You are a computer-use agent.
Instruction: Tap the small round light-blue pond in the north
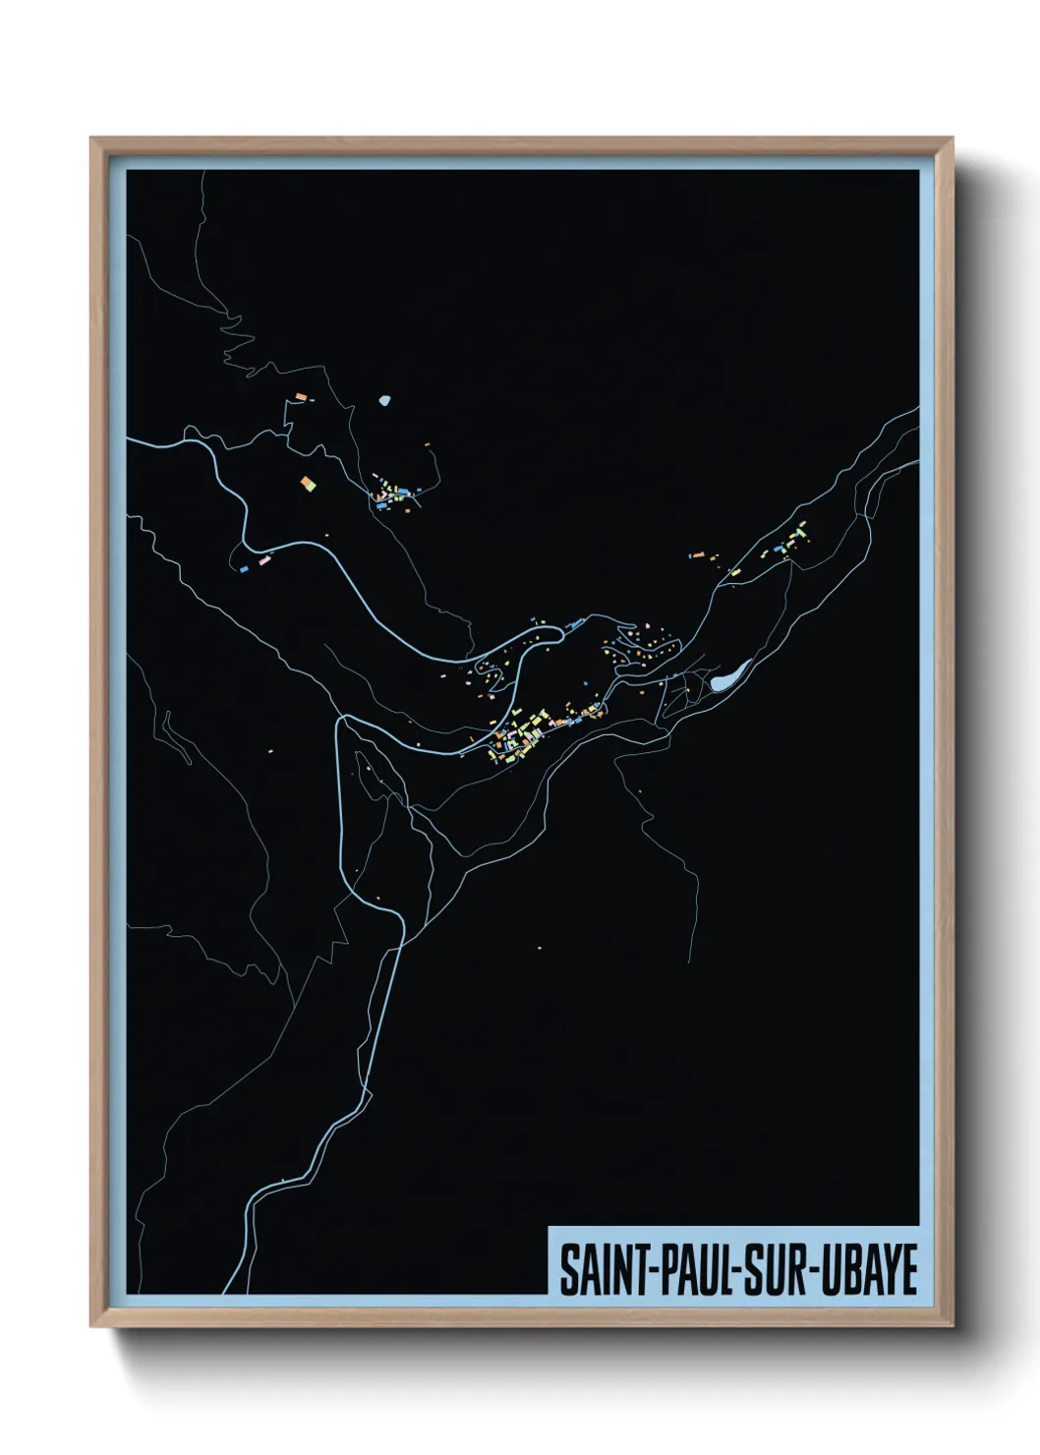(x=385, y=400)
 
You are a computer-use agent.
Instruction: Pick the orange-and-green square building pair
(x=308, y=483)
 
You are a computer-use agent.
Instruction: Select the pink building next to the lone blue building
(x=262, y=560)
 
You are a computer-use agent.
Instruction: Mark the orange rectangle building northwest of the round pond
(x=300, y=397)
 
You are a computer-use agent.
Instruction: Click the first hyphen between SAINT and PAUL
(x=648, y=1270)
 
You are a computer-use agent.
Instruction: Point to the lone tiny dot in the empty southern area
(x=539, y=948)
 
